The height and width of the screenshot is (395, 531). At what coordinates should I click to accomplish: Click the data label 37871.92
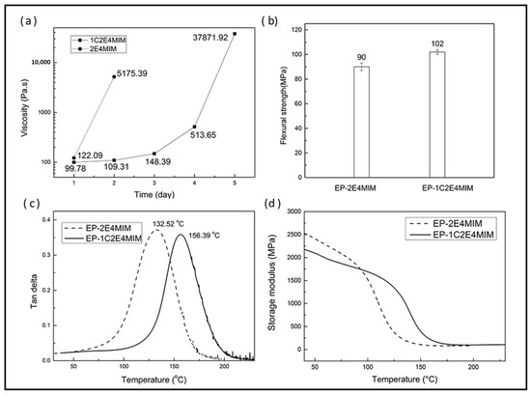point(210,38)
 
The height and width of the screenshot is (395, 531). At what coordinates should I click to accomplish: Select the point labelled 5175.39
point(114,77)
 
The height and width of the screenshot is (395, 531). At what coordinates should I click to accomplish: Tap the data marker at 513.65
point(194,127)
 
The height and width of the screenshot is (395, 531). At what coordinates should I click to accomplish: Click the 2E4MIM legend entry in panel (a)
point(98,49)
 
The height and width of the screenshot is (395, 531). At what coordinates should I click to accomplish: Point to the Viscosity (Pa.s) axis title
point(24,108)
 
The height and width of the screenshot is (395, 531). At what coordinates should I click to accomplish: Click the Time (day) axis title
point(154,194)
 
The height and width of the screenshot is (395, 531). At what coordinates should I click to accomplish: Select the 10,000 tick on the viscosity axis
point(41,63)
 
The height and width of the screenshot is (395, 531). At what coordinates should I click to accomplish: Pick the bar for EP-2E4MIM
point(361,122)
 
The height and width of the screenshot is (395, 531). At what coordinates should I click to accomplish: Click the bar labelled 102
point(437,115)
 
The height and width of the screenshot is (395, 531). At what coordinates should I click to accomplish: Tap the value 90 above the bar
point(361,57)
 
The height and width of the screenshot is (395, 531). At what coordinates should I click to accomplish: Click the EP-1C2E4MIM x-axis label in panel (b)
point(447,188)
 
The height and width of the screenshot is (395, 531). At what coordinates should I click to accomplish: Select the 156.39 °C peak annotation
point(204,235)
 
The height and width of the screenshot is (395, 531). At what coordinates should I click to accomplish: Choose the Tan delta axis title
point(34,292)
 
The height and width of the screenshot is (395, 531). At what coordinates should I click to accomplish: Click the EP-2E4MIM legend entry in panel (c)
point(98,228)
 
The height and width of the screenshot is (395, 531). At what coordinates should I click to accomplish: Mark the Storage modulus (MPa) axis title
point(272,282)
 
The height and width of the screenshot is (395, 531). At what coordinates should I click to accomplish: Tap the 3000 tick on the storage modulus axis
point(293,212)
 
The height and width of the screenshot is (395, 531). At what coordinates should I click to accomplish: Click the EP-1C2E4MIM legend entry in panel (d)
point(451,235)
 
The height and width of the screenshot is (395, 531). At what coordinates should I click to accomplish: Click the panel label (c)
point(31,203)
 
